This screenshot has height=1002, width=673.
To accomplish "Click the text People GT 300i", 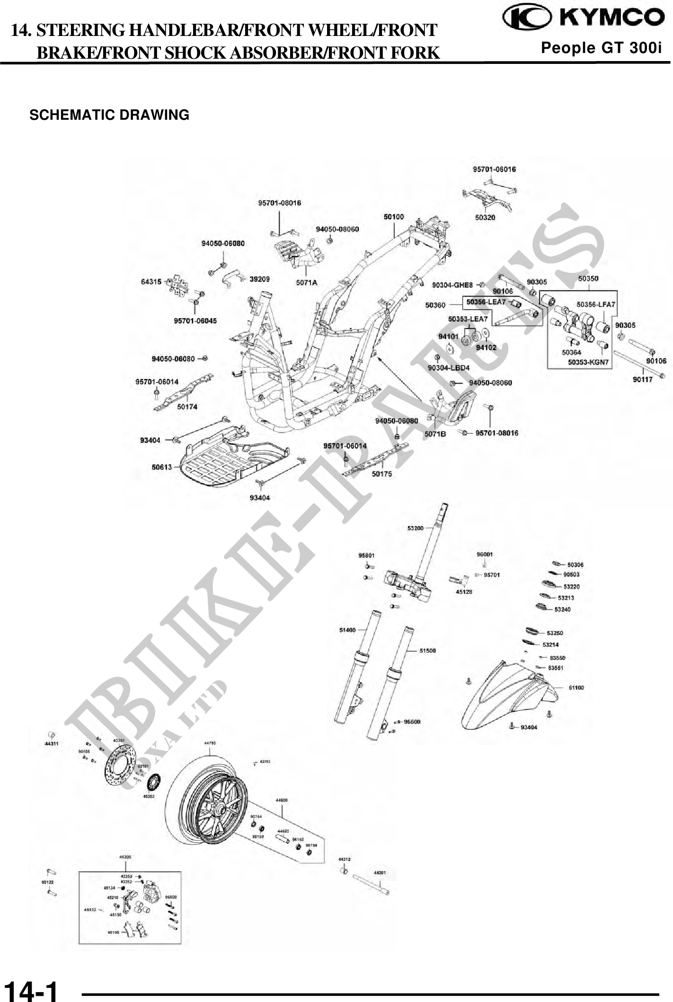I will click(x=601, y=48).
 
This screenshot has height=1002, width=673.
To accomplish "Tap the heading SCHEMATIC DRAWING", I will click(x=109, y=115).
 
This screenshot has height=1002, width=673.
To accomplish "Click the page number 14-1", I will click(x=31, y=990).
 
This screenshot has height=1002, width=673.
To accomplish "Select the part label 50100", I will click(x=393, y=217).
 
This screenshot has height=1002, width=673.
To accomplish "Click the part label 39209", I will click(x=259, y=279).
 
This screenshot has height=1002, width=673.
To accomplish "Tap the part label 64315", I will click(x=151, y=282).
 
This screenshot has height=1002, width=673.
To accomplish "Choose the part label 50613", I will click(x=162, y=467).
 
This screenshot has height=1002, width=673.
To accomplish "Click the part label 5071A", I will click(x=307, y=283).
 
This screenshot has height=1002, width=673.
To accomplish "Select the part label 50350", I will click(x=588, y=278).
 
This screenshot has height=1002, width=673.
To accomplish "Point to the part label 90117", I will click(x=643, y=379).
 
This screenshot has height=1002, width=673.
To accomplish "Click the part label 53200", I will click(x=415, y=528).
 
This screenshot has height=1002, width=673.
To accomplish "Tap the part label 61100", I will click(x=576, y=688).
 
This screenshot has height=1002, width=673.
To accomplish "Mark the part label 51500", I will click(x=427, y=651).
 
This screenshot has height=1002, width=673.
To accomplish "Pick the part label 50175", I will click(x=381, y=474).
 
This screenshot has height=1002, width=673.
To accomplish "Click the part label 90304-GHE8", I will click(x=452, y=285).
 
